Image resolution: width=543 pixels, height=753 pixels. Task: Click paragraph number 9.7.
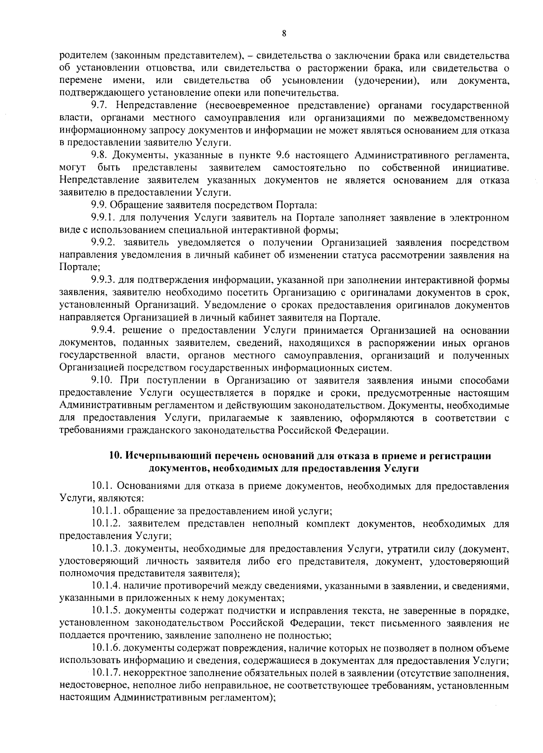click(100, 106)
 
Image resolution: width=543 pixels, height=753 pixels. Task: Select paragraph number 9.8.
click(100, 156)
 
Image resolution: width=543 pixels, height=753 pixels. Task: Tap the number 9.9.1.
click(103, 218)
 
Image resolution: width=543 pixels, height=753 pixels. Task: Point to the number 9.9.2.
click(103, 242)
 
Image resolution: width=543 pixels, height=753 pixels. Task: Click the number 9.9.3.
click(103, 280)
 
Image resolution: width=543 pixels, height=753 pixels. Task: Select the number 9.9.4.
click(103, 331)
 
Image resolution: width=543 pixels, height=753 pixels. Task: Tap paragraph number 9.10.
click(102, 380)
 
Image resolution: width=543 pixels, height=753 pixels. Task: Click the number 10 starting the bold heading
click(115, 456)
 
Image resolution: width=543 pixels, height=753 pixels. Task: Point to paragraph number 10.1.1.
click(106, 511)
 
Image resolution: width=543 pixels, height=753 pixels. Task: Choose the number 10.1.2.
click(106, 524)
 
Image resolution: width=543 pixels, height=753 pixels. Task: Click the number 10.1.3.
click(106, 549)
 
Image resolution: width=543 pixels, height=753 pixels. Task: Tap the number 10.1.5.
click(106, 611)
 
